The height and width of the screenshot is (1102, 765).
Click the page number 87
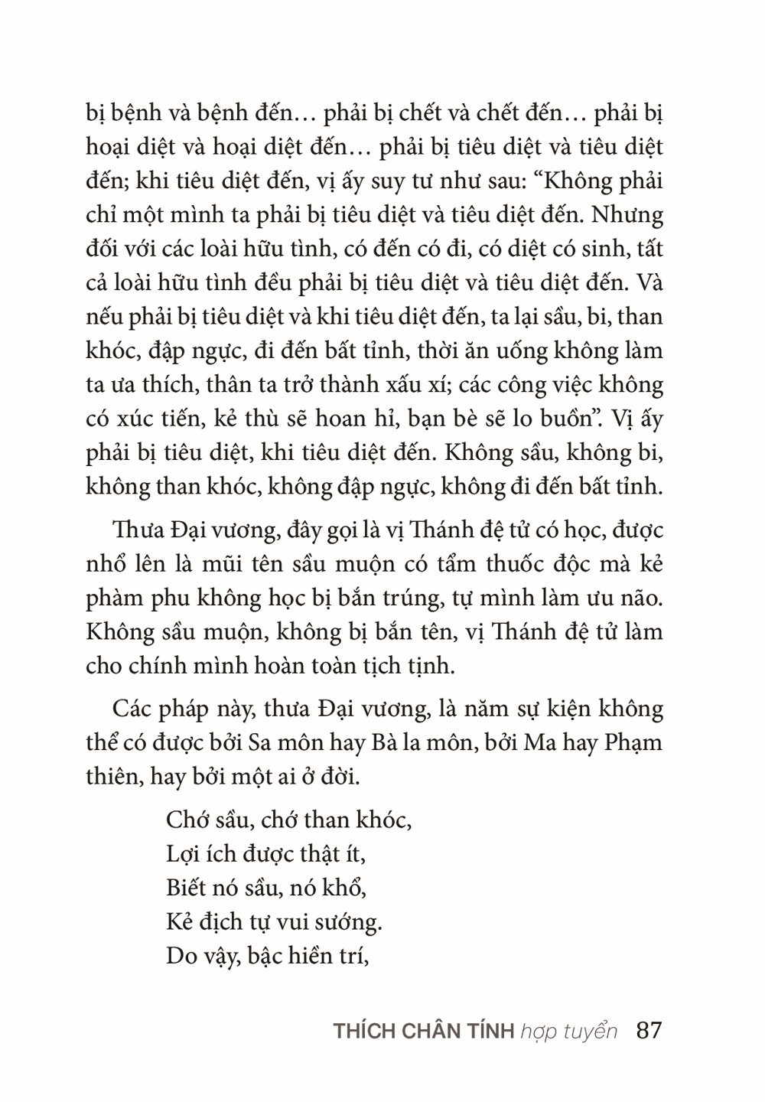click(648, 1030)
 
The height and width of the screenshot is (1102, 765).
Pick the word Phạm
click(634, 743)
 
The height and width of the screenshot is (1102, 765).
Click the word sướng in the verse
click(350, 923)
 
